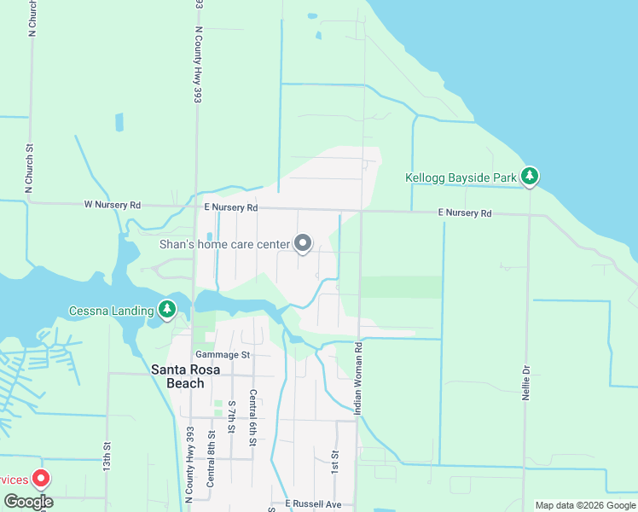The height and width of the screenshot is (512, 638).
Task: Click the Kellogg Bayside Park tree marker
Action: pos(530,177)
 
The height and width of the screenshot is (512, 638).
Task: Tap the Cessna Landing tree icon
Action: pos(168,309)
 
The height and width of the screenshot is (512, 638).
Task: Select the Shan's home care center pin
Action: pos(303,244)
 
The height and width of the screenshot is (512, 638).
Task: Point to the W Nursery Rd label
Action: pos(112,206)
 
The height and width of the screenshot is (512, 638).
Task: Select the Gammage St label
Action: pos(222,354)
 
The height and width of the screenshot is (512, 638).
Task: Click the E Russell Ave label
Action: pos(313,504)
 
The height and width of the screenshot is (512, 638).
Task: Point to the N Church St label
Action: pos(32,19)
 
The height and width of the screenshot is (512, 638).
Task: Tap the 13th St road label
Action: pos(107,458)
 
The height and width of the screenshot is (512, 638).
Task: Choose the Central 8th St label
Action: pos(211,461)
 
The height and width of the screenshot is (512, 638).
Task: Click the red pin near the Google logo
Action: pos(39,480)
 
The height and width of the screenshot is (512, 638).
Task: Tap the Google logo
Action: pos(28,502)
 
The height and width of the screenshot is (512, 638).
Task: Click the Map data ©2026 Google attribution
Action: pos(585,505)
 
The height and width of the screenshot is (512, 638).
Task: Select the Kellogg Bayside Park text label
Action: pos(461,177)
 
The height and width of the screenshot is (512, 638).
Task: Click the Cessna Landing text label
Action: pos(111,310)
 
